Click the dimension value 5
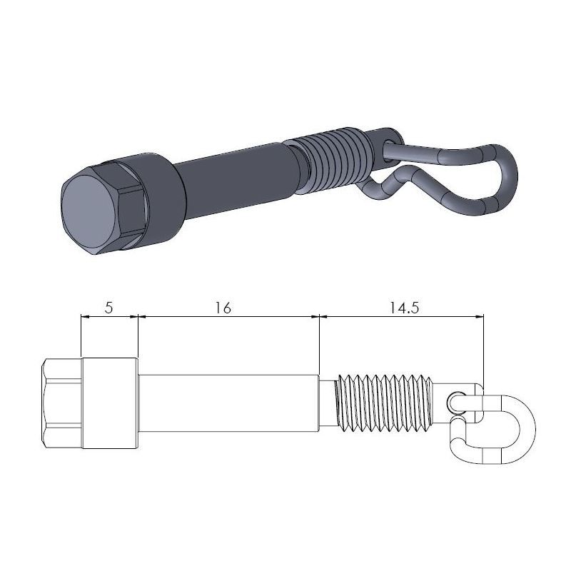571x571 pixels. [108, 308]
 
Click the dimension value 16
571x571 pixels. [223, 308]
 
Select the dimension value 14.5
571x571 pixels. [404, 308]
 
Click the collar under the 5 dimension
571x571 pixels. [109, 403]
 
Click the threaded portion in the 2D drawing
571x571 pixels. [385, 403]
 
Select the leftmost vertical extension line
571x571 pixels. [81, 335]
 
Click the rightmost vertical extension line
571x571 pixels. [484, 350]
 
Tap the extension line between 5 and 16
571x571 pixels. [137, 335]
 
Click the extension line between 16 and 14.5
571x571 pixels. [319, 343]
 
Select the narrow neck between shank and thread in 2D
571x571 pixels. [327, 403]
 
